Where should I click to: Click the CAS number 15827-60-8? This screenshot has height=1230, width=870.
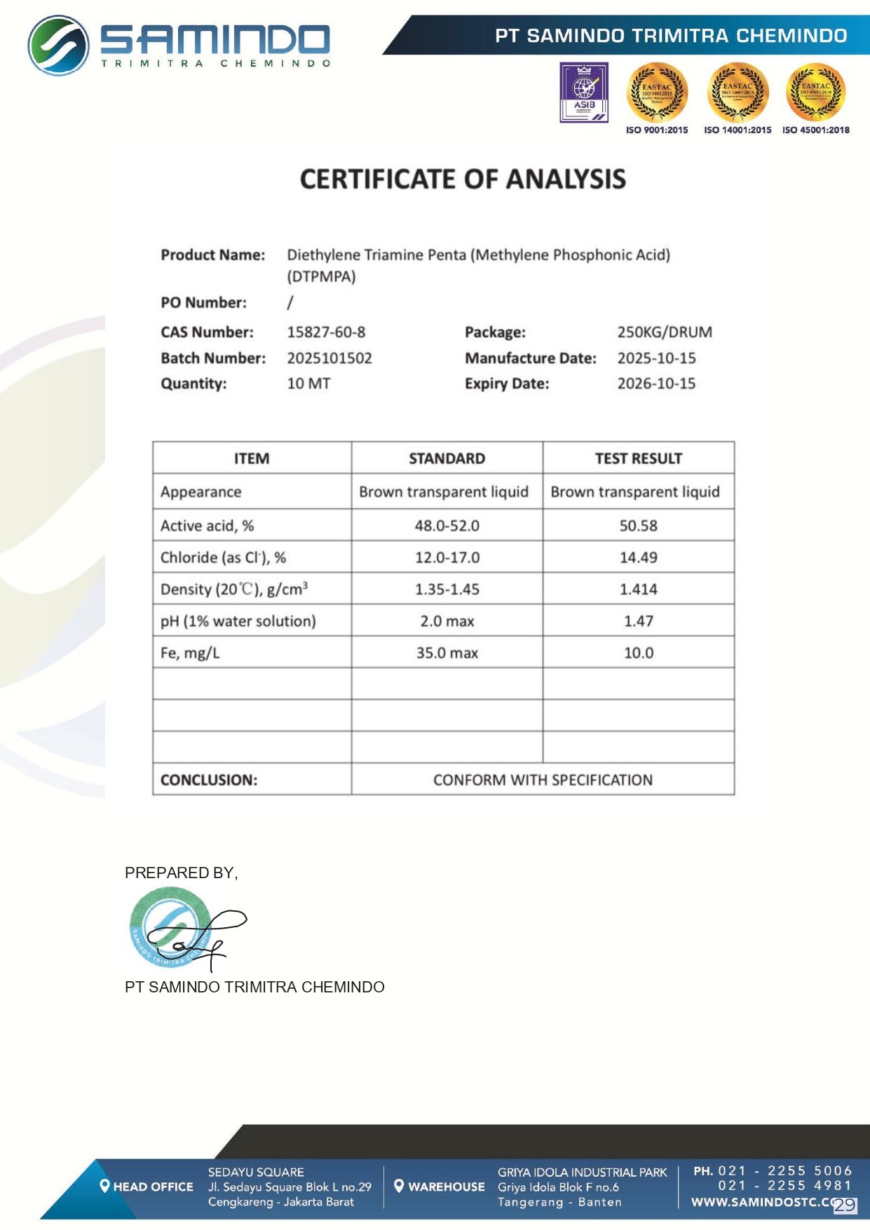[326, 332]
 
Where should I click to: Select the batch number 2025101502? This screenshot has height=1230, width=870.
[329, 358]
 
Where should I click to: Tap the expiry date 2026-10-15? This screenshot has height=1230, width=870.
[656, 383]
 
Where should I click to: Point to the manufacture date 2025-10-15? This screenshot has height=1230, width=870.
[656, 358]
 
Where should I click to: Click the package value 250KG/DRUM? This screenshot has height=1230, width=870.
[665, 332]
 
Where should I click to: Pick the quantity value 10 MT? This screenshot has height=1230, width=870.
[308, 383]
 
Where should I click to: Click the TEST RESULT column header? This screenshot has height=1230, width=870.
[638, 458]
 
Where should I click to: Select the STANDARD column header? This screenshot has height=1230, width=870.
[447, 458]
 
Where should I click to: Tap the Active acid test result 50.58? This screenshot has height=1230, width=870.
[638, 526]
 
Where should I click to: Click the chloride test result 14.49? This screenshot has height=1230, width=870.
[638, 557]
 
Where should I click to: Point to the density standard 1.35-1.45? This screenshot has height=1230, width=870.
[447, 589]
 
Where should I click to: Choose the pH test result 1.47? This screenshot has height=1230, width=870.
[638, 621]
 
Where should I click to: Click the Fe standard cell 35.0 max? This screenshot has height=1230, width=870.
[447, 653]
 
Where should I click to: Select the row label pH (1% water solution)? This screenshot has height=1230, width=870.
[238, 621]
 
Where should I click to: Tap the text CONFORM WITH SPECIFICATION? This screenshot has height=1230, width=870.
[543, 780]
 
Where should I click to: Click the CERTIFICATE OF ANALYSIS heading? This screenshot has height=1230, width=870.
[463, 179]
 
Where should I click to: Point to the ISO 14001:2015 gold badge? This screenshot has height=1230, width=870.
[738, 93]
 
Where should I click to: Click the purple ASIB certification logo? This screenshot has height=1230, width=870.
[584, 93]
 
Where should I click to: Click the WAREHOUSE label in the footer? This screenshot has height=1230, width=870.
[446, 1187]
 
